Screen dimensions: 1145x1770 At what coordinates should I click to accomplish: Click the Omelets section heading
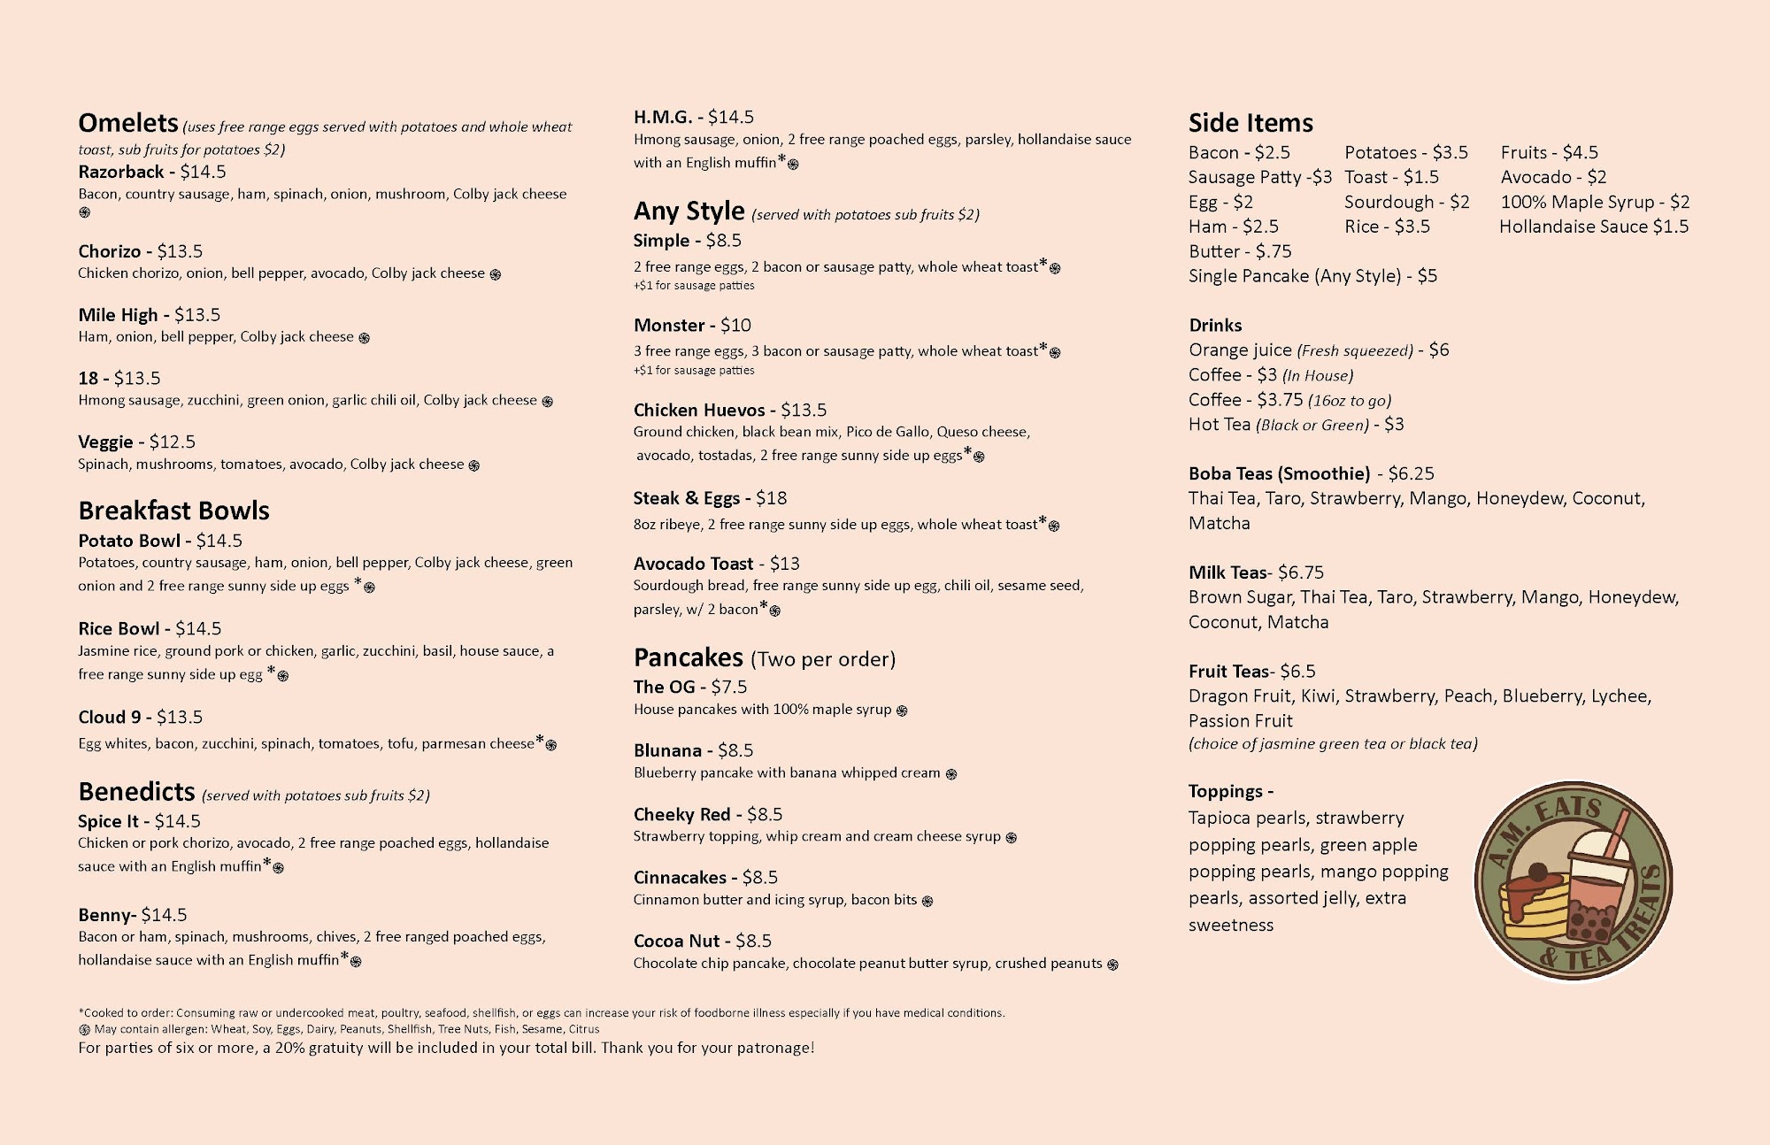128,123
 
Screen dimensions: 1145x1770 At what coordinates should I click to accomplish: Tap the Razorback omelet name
121,172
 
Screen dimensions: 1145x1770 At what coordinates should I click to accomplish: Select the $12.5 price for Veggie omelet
173,442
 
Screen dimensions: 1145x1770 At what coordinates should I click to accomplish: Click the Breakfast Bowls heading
173,511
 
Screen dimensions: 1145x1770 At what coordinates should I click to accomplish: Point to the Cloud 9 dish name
109,717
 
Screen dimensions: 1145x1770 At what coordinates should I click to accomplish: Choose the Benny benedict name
105,915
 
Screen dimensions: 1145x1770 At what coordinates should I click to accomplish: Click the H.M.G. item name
663,117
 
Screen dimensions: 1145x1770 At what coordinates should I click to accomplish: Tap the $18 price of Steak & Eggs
772,498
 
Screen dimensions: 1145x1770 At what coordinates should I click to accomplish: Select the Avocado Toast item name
694,564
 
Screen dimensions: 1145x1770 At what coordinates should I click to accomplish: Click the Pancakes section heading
689,657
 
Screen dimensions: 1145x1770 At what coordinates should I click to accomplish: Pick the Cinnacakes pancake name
680,877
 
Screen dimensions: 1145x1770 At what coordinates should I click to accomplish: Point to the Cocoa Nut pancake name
677,941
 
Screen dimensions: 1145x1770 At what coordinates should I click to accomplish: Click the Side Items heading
1251,123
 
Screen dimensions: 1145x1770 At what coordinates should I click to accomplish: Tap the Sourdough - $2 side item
1406,202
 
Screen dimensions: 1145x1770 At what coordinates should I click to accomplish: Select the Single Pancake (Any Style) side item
1312,276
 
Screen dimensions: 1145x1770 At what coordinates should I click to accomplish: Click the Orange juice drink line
1319,350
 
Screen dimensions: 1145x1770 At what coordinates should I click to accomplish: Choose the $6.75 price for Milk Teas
1301,572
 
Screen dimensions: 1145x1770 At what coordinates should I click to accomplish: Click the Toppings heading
1231,791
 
